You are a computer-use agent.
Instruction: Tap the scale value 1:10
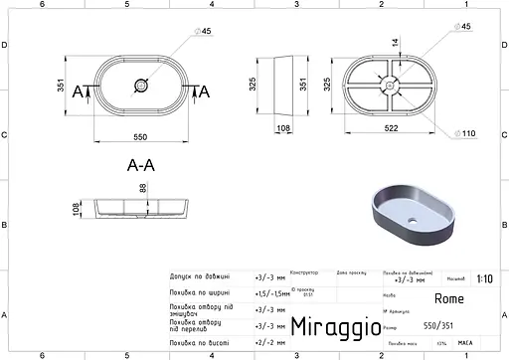tap(483, 280)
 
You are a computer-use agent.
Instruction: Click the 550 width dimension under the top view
tap(145, 129)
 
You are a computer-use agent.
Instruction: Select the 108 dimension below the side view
tap(283, 128)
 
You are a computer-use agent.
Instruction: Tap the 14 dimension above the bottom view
tap(394, 44)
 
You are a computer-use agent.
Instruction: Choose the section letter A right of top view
tap(205, 91)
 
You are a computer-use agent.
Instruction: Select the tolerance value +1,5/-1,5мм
tap(271, 293)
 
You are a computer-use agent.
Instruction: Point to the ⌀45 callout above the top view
tap(206, 31)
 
